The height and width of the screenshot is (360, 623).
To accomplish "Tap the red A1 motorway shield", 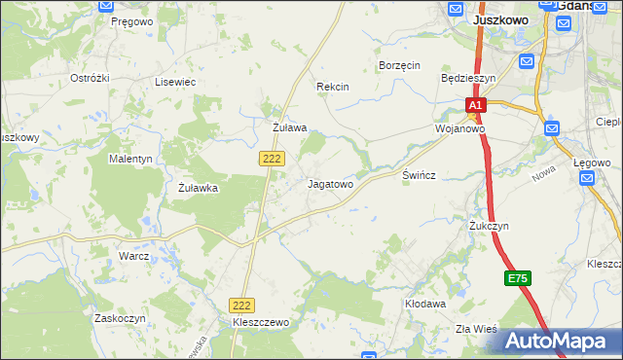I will click(474, 104).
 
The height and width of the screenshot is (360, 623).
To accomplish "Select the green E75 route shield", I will click(518, 278).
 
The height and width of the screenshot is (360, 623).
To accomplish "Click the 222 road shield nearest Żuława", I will click(273, 157).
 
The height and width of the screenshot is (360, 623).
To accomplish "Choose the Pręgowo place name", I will click(132, 20).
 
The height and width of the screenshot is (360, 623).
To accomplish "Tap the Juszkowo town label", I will click(500, 18).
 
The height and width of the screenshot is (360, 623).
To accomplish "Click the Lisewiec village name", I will click(175, 83).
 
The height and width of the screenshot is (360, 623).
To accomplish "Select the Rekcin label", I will click(333, 87).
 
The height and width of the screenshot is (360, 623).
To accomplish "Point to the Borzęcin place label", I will click(399, 65).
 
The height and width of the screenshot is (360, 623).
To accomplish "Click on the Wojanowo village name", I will click(459, 128).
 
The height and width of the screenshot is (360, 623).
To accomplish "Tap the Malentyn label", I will click(131, 158).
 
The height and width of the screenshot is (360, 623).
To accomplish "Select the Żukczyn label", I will click(489, 226).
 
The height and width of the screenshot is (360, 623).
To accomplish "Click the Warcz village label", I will click(133, 257).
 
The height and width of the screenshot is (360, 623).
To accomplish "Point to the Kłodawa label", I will click(425, 304).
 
